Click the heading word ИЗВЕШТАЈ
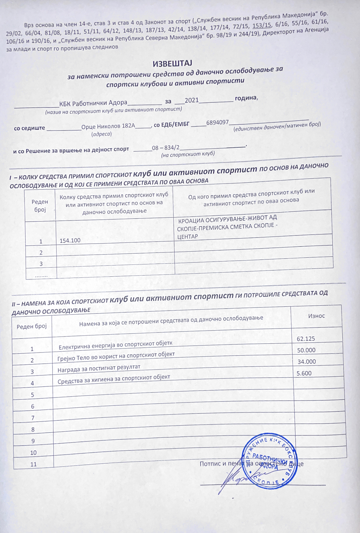pos(172,63)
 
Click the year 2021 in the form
pos(192,100)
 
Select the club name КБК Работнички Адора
pos(93,102)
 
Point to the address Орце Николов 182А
pos(108,126)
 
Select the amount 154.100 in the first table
pos(70,240)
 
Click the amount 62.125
pos(306,338)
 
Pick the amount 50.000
pos(306,350)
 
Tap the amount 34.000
pos(307,362)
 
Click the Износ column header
pos(316,316)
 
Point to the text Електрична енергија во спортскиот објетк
pos(116,345)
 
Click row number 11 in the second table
pos(33,464)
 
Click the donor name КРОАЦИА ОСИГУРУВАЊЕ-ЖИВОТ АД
pos(227,218)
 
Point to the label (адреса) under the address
pos(101,134)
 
